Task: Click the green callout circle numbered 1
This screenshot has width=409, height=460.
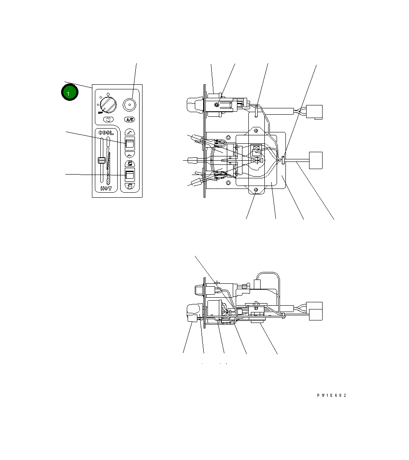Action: coord(70,92)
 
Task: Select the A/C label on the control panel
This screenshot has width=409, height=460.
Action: coord(129,120)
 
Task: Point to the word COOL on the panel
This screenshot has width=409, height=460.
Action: coord(106,133)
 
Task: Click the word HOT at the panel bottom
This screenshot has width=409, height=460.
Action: coord(106,188)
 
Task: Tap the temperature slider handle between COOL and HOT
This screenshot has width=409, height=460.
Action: coord(101,160)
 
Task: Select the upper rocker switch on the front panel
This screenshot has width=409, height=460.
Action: coord(130,143)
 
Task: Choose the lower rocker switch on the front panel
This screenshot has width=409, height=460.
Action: coord(130,175)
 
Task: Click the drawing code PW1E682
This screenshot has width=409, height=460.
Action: coord(332,395)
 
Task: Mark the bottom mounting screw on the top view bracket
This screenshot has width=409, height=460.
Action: coord(256,190)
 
